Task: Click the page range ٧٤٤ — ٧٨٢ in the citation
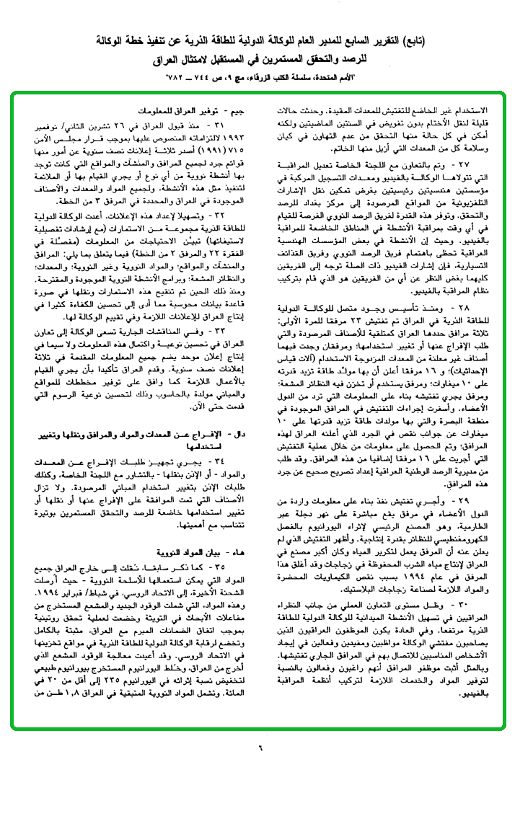(x=198, y=76)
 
